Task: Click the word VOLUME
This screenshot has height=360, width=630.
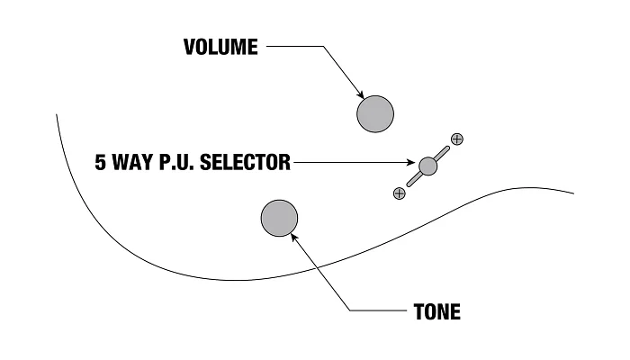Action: pyautogui.click(x=220, y=47)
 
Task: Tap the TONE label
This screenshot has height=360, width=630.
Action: pyautogui.click(x=437, y=311)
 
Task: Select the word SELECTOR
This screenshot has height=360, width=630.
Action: pyautogui.click(x=245, y=162)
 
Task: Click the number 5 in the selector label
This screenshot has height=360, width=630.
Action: pyautogui.click(x=101, y=162)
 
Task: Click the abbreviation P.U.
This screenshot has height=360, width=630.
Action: pyautogui.click(x=176, y=162)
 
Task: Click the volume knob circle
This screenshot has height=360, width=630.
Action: pyautogui.click(x=375, y=113)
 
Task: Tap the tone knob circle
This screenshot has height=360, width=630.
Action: pyautogui.click(x=279, y=218)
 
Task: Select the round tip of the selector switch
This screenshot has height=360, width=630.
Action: pyautogui.click(x=427, y=166)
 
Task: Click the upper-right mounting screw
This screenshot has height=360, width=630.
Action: pyautogui.click(x=457, y=139)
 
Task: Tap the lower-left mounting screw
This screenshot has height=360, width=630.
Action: pyautogui.click(x=399, y=193)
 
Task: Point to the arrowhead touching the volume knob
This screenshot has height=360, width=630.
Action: pyautogui.click(x=360, y=94)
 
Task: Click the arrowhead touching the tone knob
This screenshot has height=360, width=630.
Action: pyautogui.click(x=294, y=237)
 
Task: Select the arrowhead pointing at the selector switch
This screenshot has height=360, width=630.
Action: pyautogui.click(x=410, y=162)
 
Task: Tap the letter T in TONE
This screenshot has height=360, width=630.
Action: pyautogui.click(x=419, y=311)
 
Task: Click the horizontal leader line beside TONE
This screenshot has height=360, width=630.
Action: pyautogui.click(x=378, y=310)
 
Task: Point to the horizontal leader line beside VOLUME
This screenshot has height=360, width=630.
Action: pyautogui.click(x=295, y=46)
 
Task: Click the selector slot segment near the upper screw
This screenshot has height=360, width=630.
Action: pyautogui.click(x=442, y=154)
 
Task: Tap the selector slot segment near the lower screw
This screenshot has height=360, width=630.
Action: pyautogui.click(x=414, y=179)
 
